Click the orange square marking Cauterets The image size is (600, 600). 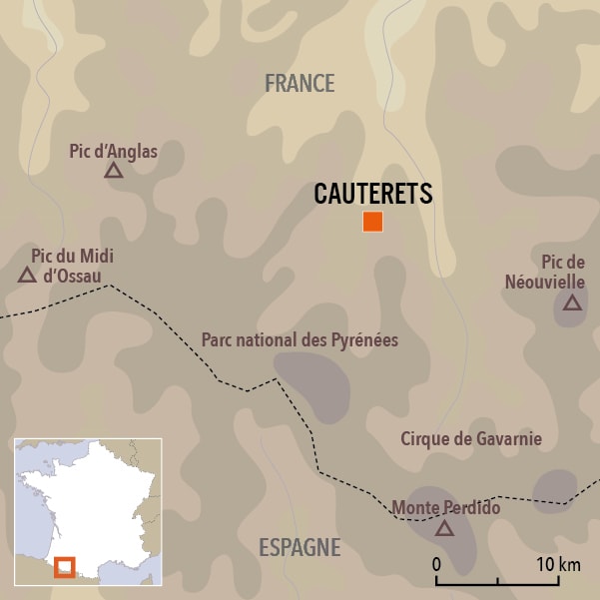[x=372, y=222]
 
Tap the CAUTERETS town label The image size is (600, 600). [x=372, y=194]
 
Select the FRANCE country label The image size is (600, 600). [x=300, y=84]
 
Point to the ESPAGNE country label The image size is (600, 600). [x=300, y=547]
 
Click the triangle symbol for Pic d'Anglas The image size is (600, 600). [x=113, y=171]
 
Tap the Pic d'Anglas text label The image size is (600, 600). [x=113, y=151]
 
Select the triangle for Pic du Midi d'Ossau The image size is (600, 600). [x=27, y=275]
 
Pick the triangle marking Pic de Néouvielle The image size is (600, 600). [x=571, y=302]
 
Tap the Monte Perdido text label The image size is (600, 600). [x=445, y=508]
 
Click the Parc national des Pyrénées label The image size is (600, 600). [x=300, y=340]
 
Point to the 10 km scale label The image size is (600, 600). [x=557, y=564]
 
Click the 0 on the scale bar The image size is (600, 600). [x=437, y=564]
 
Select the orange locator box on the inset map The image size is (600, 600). [x=65, y=566]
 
